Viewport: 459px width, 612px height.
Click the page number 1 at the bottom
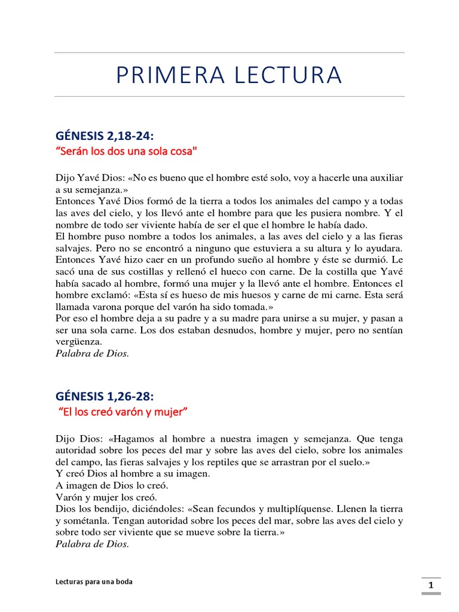point(430,587)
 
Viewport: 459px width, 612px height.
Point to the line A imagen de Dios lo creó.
point(112,485)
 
